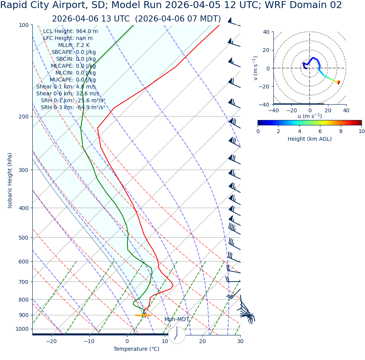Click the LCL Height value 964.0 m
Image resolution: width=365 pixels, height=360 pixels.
[x=87, y=32]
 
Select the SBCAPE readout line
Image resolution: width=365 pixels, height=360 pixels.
[x=74, y=52]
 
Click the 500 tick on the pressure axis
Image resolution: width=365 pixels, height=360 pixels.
[x=24, y=238]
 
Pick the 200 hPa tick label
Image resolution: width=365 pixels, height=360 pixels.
[x=24, y=117]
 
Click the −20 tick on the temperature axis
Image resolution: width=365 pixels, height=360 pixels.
[x=51, y=341]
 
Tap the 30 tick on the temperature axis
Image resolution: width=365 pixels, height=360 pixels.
[x=240, y=341]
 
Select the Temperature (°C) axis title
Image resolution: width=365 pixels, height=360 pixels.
[x=136, y=349]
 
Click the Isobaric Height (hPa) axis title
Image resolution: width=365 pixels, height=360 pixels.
[x=10, y=180]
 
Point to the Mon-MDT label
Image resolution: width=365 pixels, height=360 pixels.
[x=177, y=320]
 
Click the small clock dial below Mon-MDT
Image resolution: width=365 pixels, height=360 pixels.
[x=177, y=335]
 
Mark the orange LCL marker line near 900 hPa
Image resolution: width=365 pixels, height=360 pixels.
[x=143, y=315]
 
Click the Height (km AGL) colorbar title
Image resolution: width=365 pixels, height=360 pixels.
[x=310, y=139]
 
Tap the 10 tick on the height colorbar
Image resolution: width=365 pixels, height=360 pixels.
[x=362, y=131]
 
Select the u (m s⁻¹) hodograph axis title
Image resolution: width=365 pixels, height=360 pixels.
[x=310, y=116]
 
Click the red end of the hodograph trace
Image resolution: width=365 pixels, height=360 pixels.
[x=338, y=82]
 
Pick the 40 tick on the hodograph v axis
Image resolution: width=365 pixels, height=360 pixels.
[x=266, y=32]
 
